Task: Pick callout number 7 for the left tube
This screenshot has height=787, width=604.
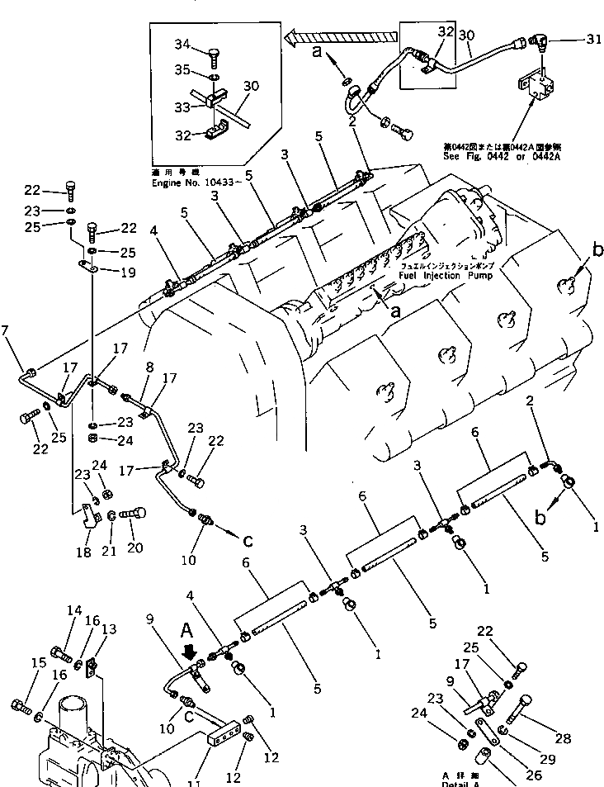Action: coord(6,332)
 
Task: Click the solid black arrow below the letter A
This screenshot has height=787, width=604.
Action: coord(193,652)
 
